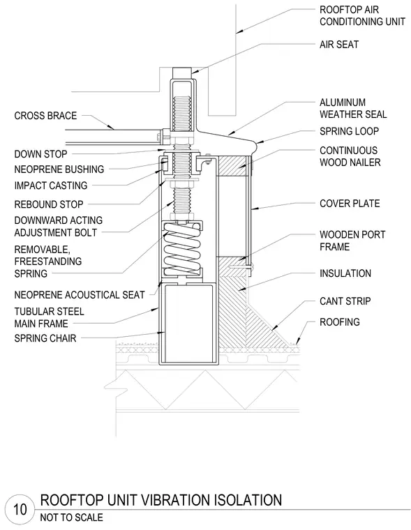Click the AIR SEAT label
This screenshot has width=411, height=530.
click(338, 44)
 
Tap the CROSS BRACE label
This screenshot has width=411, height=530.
click(45, 116)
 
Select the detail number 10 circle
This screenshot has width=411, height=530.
click(20, 509)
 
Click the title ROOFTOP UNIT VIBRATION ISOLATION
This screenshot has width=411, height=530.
click(161, 500)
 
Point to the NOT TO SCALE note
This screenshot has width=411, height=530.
click(71, 517)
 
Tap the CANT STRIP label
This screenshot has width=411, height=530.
click(345, 301)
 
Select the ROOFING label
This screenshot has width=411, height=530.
click(340, 321)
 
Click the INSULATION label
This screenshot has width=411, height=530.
click(345, 273)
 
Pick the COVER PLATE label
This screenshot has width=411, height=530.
click(350, 204)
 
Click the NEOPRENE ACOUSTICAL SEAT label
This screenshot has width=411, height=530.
click(79, 295)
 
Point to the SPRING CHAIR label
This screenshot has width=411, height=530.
click(45, 338)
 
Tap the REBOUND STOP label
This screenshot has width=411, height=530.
click(48, 204)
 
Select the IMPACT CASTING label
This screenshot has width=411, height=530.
click(51, 185)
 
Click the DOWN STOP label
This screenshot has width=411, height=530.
click(40, 154)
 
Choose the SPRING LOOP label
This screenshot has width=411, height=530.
click(349, 131)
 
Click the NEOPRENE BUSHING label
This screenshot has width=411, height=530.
click(59, 169)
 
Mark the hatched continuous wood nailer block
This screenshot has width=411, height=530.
click(233, 166)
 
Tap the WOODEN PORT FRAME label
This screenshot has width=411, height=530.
click(352, 241)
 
